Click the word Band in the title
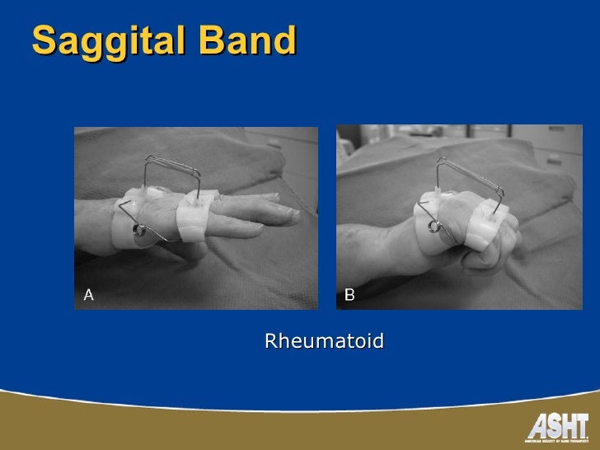[254, 40]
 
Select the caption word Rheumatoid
[324, 340]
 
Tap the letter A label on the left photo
[88, 293]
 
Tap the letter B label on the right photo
[349, 293]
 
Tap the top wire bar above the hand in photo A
[174, 164]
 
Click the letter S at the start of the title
[43, 40]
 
